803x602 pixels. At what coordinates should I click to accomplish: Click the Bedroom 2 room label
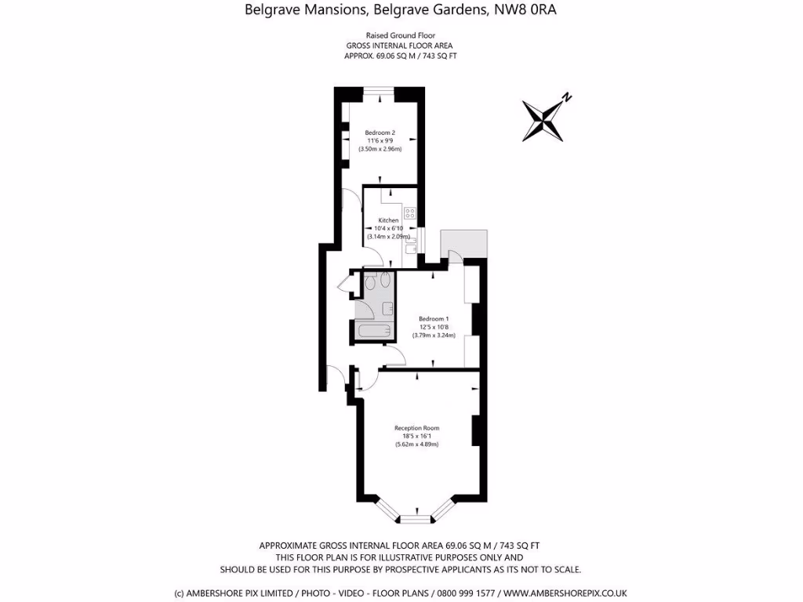(380, 132)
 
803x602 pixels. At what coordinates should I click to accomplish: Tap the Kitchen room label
(389, 220)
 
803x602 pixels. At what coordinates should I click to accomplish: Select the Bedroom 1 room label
(434, 318)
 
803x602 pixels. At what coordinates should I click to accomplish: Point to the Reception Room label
(416, 428)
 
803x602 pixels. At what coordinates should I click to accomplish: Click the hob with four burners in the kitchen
(409, 212)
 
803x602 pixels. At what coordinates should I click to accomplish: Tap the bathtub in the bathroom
(373, 332)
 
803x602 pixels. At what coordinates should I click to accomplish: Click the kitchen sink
(410, 248)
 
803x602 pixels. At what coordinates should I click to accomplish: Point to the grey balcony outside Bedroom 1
(464, 242)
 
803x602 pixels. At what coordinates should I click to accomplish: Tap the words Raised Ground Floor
(401, 35)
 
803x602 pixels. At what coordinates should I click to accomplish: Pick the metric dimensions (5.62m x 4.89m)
(416, 444)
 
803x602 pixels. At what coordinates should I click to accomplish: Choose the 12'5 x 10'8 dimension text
(434, 327)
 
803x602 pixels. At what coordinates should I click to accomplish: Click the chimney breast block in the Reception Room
(476, 430)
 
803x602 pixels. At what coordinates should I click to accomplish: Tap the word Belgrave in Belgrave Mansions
(272, 10)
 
